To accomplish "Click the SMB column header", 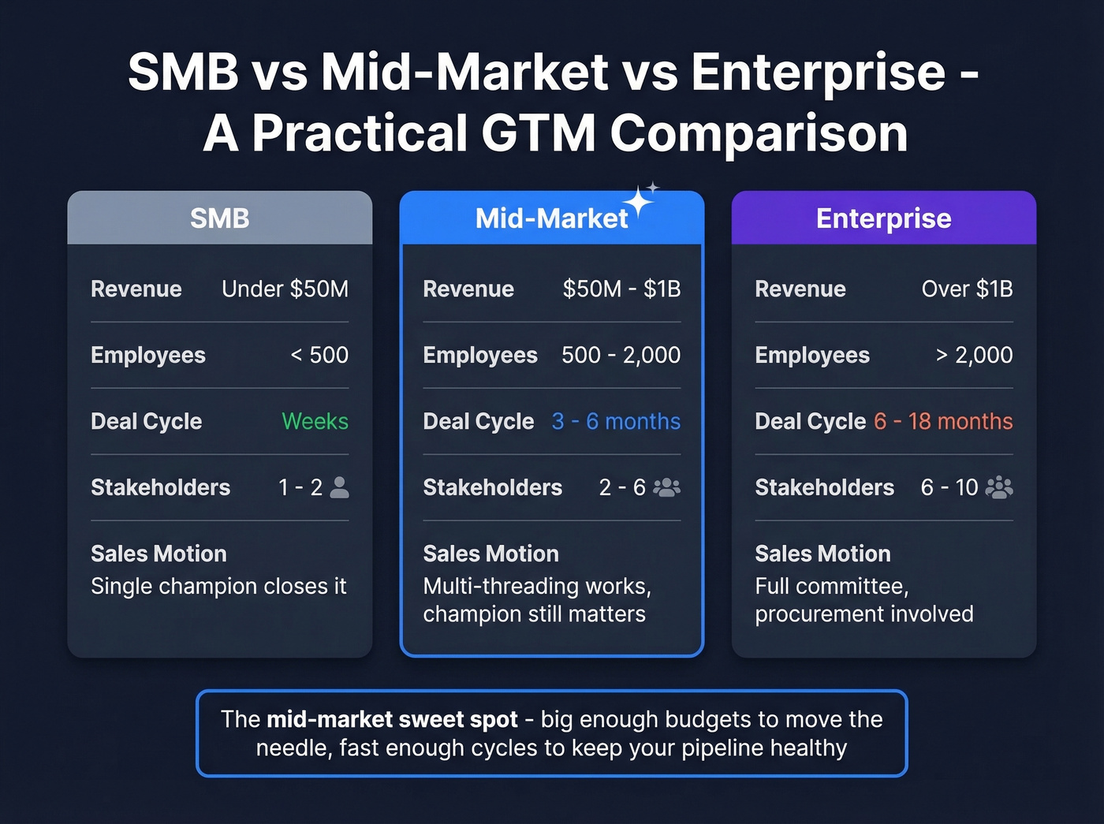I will [219, 218].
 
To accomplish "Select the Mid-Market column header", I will [551, 218].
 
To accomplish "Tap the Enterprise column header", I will [883, 218].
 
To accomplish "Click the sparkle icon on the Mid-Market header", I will [640, 200].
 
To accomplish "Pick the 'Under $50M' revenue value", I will [285, 289].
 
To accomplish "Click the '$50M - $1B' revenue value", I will [621, 289].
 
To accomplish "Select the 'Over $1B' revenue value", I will [967, 289].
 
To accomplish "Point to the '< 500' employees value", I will [319, 356].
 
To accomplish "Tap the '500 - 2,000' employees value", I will [621, 356].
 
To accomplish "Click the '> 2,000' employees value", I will [974, 356].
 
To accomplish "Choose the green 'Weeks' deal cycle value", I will [315, 422].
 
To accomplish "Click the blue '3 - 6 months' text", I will [616, 422].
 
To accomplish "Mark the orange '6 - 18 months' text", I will [943, 422].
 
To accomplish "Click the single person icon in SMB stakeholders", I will [339, 487].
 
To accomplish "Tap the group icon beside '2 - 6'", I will [666, 487].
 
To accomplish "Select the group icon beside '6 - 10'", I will [999, 487].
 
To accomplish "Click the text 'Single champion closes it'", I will [218, 587].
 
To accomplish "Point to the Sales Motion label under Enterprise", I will [822, 554].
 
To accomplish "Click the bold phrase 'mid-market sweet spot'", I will [392, 720].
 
